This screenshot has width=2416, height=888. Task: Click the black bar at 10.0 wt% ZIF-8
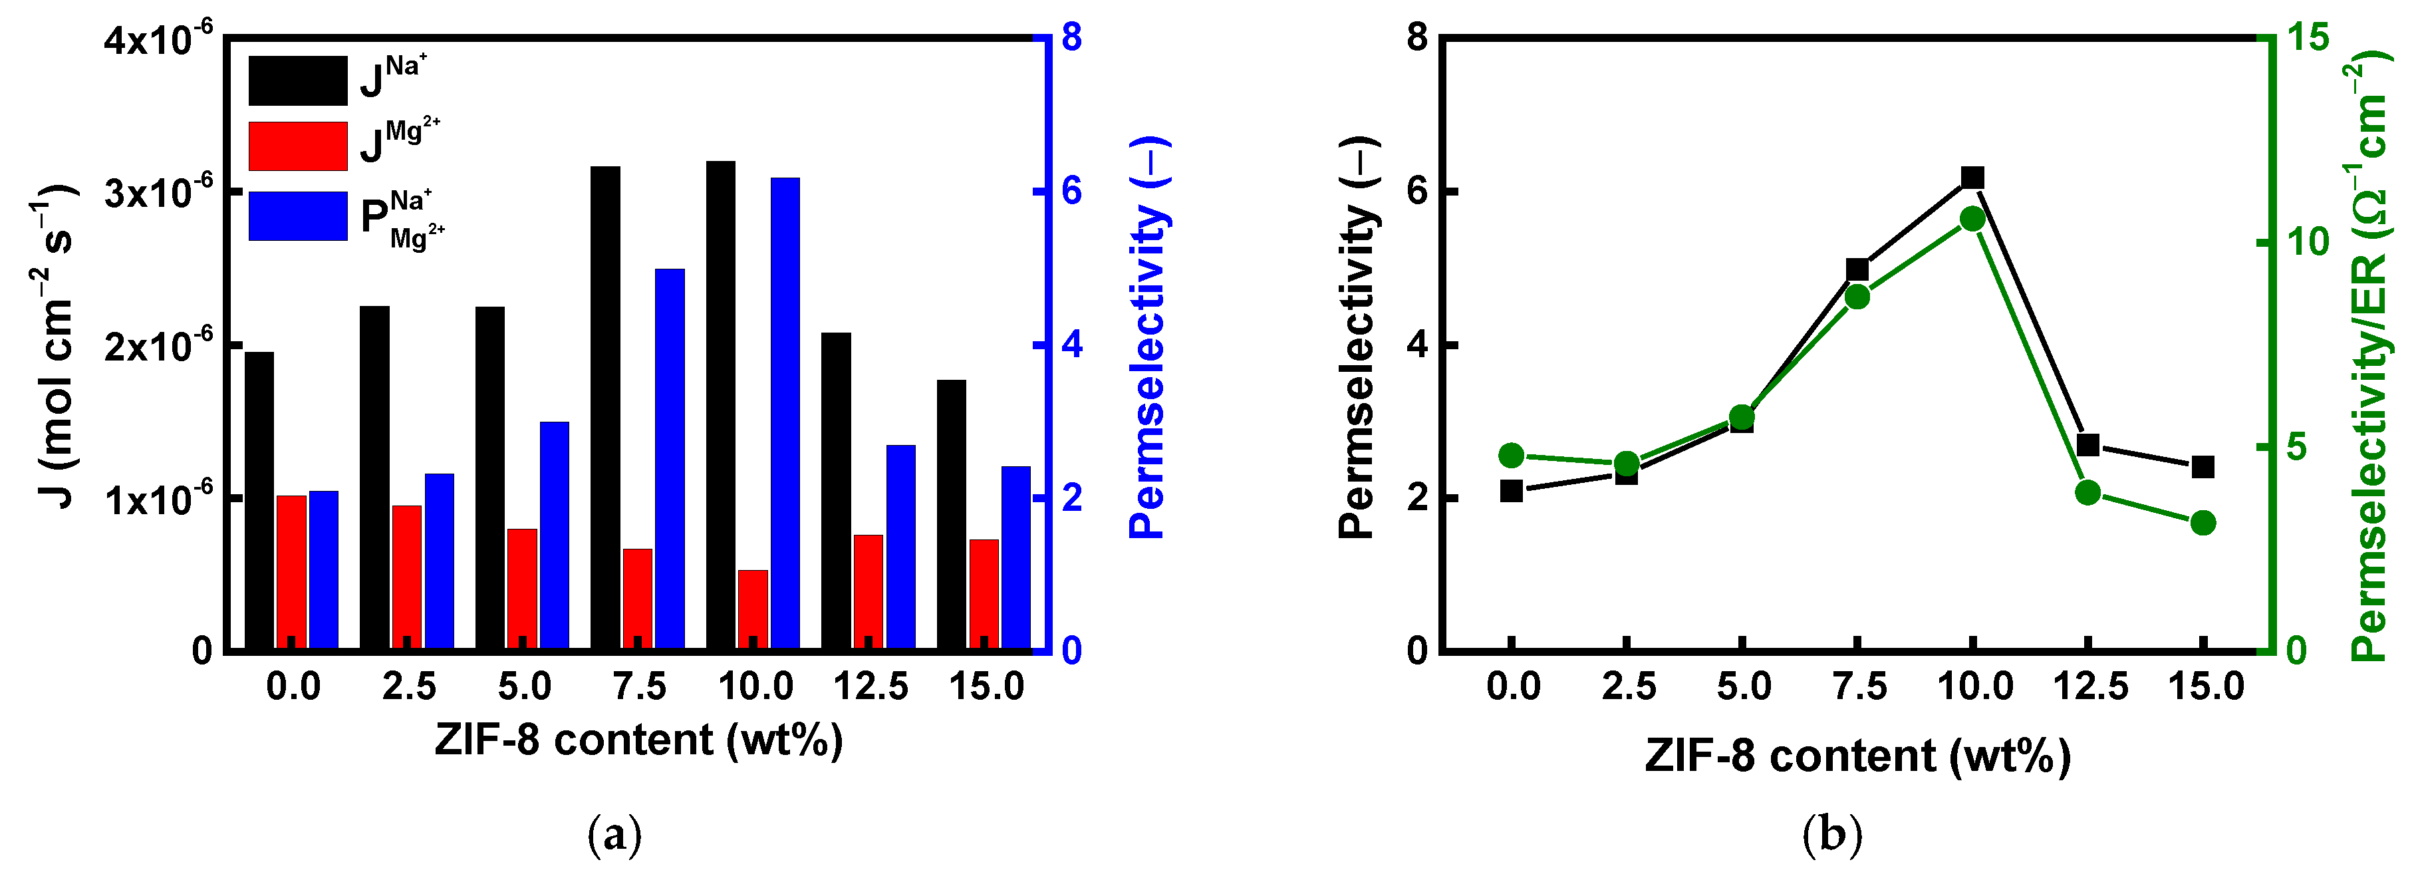pos(720,403)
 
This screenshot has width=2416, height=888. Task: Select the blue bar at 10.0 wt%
pos(785,412)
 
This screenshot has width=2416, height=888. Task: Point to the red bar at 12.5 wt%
pos(869,591)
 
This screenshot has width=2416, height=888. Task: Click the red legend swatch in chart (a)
pos(297,146)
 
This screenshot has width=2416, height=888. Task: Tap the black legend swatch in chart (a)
pos(297,80)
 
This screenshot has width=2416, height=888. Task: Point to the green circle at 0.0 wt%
pos(1511,456)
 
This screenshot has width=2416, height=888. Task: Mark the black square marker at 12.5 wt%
pos(2087,444)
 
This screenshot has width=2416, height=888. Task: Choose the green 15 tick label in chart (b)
pos(2306,37)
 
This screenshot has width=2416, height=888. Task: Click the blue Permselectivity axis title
pos(1147,337)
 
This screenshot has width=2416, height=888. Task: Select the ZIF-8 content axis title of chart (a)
pos(638,740)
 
